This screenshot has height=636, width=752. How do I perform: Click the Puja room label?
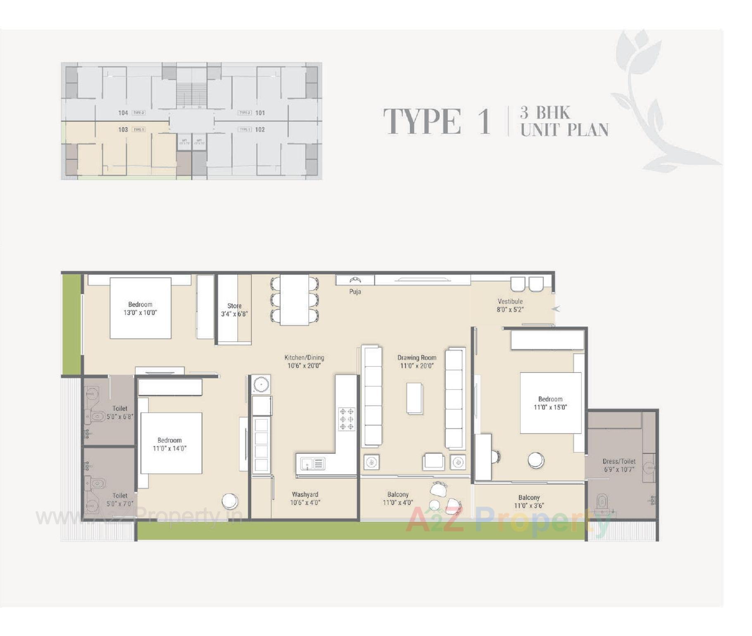pos(355,292)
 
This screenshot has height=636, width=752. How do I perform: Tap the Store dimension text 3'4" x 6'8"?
pos(234,314)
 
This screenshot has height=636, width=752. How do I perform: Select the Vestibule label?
pos(510,301)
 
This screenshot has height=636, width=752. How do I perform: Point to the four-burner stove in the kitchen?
pos(346,419)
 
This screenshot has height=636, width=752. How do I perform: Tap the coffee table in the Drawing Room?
pos(414,398)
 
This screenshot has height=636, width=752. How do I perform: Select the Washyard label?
pos(305,494)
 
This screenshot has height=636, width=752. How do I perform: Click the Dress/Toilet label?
pos(619,461)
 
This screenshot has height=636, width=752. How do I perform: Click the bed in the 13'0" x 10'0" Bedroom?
pos(140,308)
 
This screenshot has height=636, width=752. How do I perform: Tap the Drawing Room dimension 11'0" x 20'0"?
pos(417,366)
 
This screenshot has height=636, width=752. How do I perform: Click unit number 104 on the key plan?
pos(123,113)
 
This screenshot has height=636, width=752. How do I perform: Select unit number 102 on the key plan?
pos(260,130)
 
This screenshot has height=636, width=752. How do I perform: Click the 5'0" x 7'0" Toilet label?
pos(120,500)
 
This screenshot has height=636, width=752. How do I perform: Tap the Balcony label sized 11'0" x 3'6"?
pos(529,502)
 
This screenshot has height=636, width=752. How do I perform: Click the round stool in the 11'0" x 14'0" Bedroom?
pos(230,501)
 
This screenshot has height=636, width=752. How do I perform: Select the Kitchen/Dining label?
pos(304,358)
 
